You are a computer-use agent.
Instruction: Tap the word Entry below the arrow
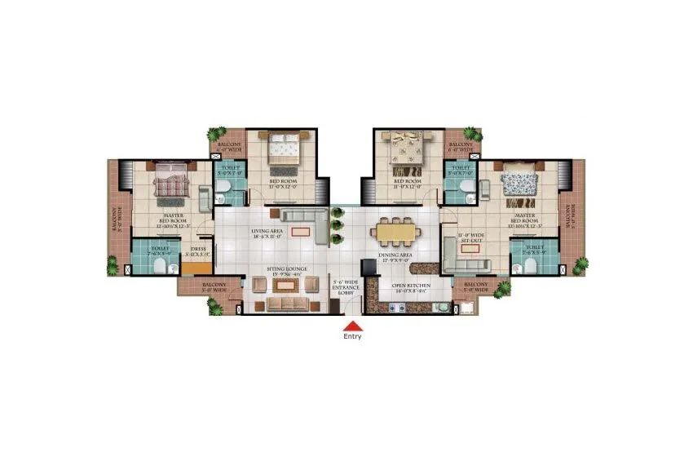click(x=352, y=336)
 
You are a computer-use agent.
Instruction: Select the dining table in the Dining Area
click(x=397, y=232)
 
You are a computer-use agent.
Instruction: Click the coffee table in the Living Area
click(x=300, y=231)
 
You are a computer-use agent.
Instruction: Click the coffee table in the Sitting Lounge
click(x=282, y=286)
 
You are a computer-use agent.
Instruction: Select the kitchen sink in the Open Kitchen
click(x=439, y=308)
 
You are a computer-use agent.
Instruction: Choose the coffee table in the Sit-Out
click(x=470, y=249)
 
